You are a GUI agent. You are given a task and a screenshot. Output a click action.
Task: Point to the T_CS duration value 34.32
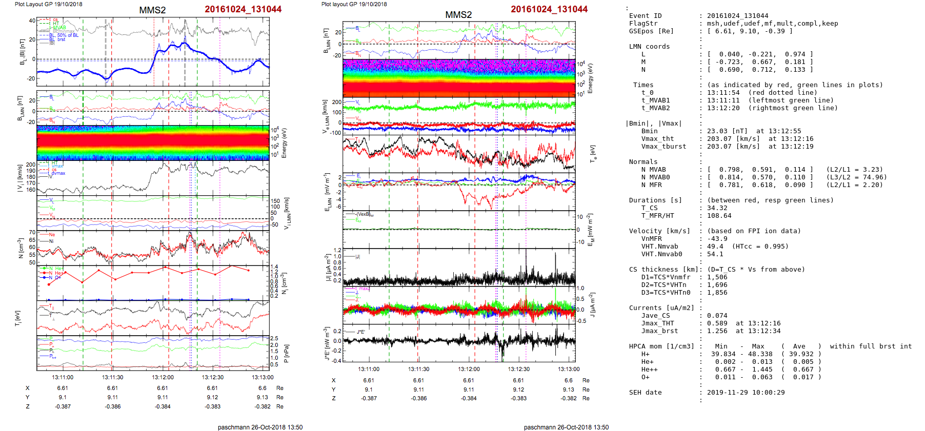(x=717, y=208)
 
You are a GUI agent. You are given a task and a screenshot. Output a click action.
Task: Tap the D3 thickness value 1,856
(x=717, y=293)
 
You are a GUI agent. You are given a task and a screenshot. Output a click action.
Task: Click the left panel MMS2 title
(x=152, y=10)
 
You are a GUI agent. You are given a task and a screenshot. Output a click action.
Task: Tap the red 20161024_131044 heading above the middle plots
(x=549, y=9)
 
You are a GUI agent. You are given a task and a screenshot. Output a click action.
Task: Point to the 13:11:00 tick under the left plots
(x=63, y=377)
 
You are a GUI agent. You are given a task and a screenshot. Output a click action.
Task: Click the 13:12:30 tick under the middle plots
(x=519, y=369)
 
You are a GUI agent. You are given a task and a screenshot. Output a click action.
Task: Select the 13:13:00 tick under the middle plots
(x=569, y=369)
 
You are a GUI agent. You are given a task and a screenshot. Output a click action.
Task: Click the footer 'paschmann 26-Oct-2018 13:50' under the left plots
(x=260, y=427)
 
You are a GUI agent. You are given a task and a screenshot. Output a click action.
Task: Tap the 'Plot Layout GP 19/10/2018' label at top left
(x=49, y=4)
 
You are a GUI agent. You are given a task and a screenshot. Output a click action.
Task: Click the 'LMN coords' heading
(x=649, y=47)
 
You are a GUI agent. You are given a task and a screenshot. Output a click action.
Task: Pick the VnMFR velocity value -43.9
(x=717, y=239)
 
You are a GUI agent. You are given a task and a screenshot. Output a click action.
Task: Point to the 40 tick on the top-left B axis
(x=32, y=21)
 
